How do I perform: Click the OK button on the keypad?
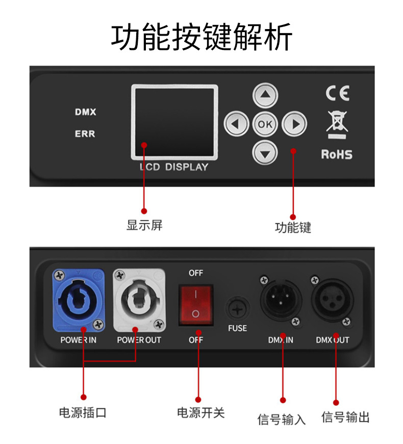point(265,124)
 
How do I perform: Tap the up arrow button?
point(265,95)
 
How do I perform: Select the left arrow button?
point(236,124)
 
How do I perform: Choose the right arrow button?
point(294,124)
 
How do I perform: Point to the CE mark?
point(337,94)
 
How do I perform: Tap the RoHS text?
point(337,154)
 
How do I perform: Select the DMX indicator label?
point(85,112)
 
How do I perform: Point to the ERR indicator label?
point(85,134)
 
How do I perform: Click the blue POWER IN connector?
point(79,300)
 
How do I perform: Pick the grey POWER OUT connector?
point(139,300)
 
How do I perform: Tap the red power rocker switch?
point(195,305)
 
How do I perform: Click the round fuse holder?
point(237,308)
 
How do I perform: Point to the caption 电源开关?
point(200,412)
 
